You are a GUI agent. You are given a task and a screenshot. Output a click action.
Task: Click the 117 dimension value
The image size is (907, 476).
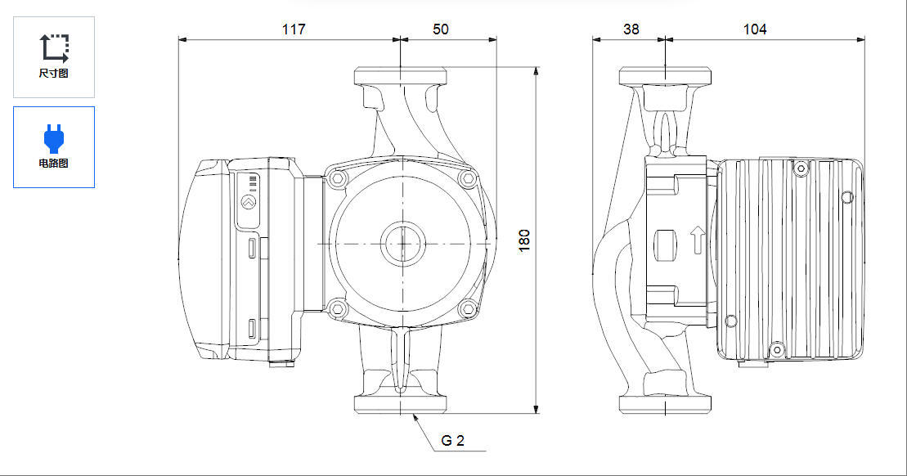294,29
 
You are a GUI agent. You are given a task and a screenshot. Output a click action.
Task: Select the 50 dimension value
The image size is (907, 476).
440,29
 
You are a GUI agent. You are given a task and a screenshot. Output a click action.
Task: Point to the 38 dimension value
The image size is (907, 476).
631,29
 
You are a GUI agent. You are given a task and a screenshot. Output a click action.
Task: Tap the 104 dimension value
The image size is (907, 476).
754,29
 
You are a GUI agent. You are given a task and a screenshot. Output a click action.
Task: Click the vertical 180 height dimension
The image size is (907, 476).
524,240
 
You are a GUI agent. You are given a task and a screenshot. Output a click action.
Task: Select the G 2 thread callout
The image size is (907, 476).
452,441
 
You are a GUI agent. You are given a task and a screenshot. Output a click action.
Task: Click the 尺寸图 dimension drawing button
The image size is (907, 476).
54,56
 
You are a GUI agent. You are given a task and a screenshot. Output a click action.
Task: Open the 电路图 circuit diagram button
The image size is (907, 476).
54,147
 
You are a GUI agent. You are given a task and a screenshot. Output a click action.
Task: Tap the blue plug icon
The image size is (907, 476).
54,139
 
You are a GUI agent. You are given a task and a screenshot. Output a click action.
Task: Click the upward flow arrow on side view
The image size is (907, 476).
698,240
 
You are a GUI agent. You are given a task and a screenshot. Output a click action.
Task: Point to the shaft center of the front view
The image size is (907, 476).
402,244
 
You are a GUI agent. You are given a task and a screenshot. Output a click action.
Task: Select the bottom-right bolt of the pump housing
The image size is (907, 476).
468,308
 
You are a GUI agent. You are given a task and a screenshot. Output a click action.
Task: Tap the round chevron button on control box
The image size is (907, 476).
249,203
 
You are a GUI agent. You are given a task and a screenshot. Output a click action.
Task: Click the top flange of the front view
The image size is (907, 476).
400,76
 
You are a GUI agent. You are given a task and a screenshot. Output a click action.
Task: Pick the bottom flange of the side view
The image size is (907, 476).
665,404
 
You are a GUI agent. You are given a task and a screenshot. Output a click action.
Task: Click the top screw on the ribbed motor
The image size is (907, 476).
801,168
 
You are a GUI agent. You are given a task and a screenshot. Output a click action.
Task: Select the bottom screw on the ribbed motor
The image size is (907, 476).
777,349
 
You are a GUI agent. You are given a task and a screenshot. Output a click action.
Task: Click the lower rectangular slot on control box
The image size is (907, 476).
253,328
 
